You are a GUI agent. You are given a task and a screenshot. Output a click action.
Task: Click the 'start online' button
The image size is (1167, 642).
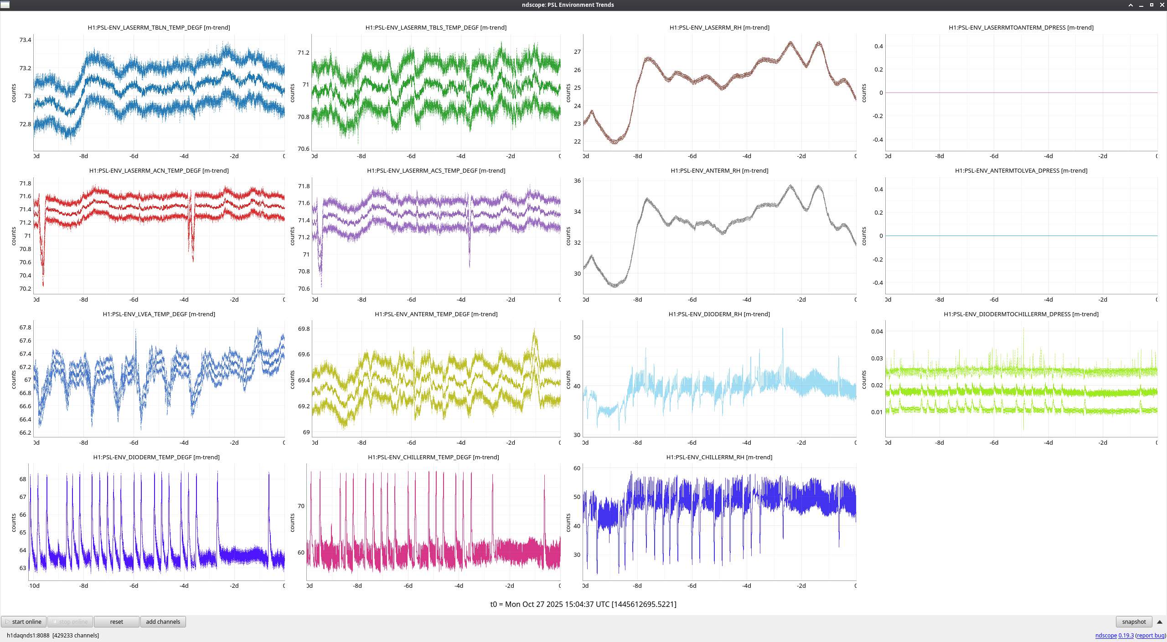click(x=24, y=621)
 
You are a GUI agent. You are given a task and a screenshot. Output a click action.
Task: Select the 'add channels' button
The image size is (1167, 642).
click(x=163, y=621)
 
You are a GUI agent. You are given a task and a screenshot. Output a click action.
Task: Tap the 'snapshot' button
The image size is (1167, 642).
click(x=1134, y=621)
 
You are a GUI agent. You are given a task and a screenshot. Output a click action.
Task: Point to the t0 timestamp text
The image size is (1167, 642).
click(x=583, y=604)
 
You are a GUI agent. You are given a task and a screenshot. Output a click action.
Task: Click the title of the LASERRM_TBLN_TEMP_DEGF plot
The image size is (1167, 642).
click(x=159, y=27)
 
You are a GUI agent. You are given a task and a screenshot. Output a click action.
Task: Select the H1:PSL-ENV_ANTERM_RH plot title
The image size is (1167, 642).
click(x=719, y=170)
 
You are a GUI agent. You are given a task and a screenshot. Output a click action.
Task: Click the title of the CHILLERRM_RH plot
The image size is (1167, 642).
click(x=719, y=457)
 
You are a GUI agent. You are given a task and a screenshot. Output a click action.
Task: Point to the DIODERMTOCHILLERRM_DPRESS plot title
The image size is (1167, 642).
click(x=1021, y=314)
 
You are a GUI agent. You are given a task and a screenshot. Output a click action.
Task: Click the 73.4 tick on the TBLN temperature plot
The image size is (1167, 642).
click(x=25, y=40)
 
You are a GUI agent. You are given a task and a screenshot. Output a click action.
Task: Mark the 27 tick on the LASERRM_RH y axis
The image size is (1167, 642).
click(x=577, y=52)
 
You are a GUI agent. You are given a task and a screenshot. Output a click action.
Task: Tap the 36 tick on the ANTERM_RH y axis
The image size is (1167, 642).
click(x=577, y=181)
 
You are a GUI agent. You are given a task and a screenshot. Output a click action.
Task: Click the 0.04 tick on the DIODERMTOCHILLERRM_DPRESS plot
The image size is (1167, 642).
click(x=877, y=331)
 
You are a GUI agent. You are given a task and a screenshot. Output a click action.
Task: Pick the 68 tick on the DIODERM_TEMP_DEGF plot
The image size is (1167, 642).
click(x=23, y=479)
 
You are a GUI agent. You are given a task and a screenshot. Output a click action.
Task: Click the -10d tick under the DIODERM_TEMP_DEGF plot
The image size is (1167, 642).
click(x=34, y=586)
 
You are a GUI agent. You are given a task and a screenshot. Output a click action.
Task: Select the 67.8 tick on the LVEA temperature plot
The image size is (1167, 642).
click(x=25, y=327)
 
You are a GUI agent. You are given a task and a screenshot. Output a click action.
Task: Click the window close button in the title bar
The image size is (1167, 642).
click(x=1162, y=5)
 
